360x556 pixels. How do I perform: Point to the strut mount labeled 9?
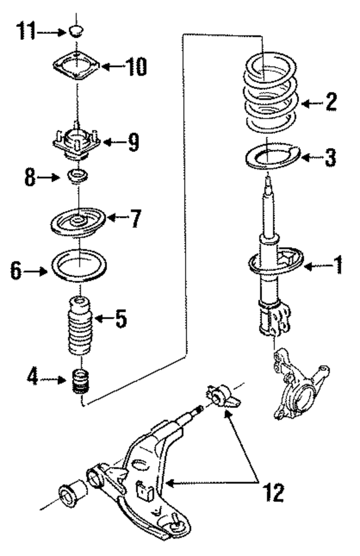(x=77, y=144)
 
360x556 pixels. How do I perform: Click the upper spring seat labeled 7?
(x=77, y=221)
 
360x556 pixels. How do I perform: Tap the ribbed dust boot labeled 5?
(x=79, y=326)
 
